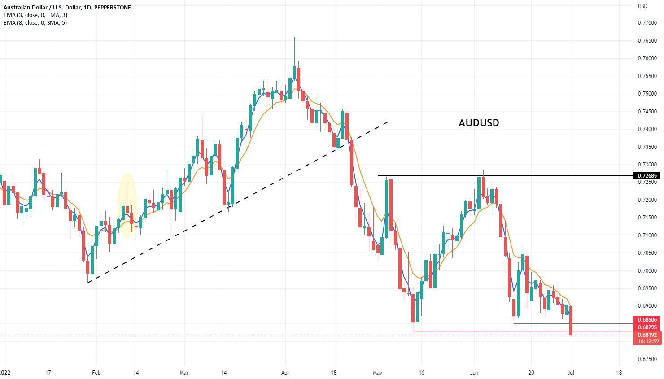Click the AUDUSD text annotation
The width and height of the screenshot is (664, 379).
(x=479, y=123)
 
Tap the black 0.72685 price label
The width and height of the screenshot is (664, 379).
(x=647, y=175)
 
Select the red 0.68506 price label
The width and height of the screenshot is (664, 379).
(x=647, y=320)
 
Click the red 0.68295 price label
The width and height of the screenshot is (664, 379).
(x=647, y=327)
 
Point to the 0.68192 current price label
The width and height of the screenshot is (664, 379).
(x=647, y=335)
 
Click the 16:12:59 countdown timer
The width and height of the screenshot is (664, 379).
(x=647, y=341)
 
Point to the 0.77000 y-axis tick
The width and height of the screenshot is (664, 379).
(x=647, y=23)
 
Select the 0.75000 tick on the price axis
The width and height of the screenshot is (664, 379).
(x=647, y=94)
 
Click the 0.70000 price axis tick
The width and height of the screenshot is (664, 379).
(x=647, y=271)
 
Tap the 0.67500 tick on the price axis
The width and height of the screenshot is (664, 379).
(x=647, y=359)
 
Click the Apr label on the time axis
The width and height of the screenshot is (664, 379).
(x=285, y=373)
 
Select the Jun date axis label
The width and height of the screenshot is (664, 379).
(x=474, y=373)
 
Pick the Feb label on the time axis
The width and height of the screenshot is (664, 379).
(x=96, y=373)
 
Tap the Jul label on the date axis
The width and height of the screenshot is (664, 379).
(x=571, y=373)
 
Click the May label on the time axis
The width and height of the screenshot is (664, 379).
(x=378, y=373)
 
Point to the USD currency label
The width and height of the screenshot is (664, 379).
(x=642, y=6)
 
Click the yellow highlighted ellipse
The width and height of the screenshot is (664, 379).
(x=127, y=205)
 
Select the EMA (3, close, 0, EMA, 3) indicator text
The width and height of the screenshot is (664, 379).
(x=35, y=15)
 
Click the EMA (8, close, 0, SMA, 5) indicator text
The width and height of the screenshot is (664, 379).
(x=35, y=23)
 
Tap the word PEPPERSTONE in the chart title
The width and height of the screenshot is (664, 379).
(x=113, y=8)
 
